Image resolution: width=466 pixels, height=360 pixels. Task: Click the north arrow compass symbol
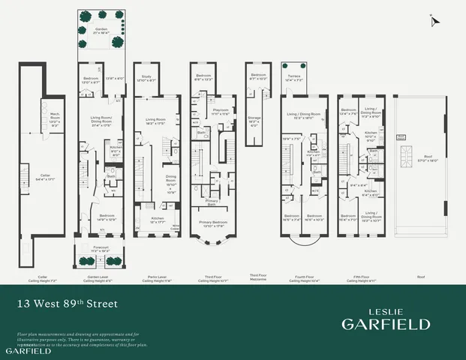point(433,21)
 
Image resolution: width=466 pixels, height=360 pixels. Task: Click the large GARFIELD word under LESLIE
point(386,324)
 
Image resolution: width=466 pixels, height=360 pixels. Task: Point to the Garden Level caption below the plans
point(98,277)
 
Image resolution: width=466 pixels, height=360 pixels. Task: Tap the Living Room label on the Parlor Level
point(155,120)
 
